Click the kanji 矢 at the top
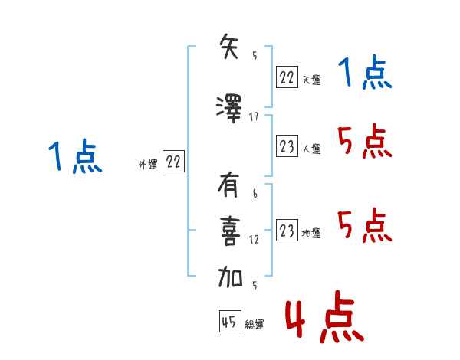(229, 46)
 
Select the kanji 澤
(229, 109)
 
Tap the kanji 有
(228, 185)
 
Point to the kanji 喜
(230, 231)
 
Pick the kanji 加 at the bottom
(230, 277)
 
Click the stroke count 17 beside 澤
(254, 117)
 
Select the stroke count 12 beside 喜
(254, 240)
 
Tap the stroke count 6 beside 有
(255, 194)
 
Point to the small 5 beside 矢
(255, 55)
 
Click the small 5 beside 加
(255, 285)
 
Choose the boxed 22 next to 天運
(287, 77)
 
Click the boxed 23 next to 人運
(287, 146)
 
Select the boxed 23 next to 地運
(287, 230)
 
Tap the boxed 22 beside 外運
(173, 161)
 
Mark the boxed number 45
(230, 321)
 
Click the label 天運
(311, 80)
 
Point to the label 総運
(255, 324)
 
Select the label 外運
(148, 165)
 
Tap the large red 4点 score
(325, 316)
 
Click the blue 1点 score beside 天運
(365, 72)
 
